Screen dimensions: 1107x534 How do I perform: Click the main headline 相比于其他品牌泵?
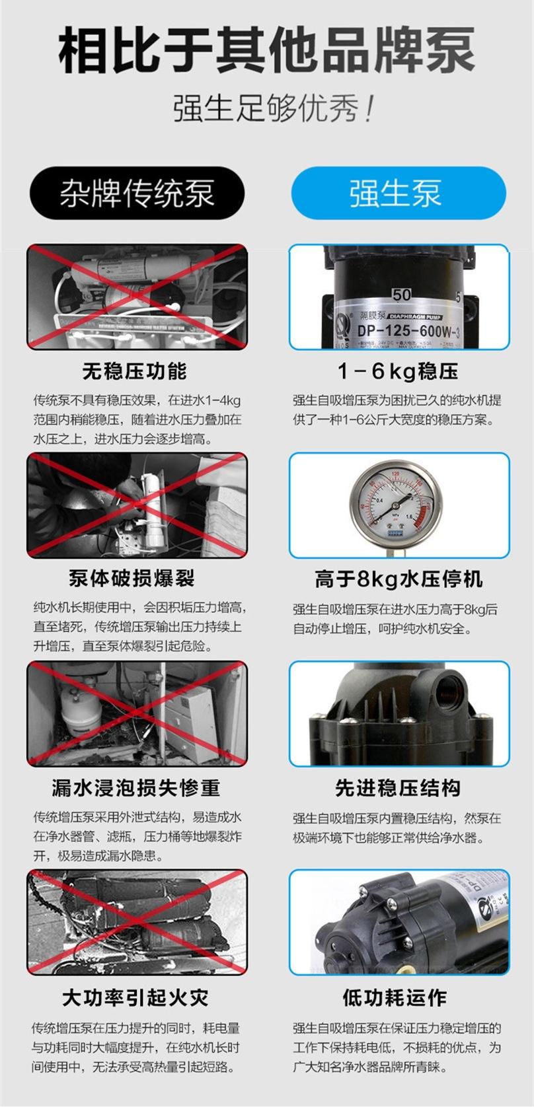pos(266,51)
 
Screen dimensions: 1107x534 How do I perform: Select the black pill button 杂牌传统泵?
pos(137,194)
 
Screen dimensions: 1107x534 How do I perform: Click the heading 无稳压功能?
pos(135,371)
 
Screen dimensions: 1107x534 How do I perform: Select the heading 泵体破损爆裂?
pos(132,579)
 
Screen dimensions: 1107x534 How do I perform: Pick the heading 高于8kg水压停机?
pos(399,579)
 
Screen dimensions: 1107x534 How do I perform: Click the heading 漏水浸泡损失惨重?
pos(135,787)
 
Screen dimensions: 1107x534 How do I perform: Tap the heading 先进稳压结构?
pos(398,787)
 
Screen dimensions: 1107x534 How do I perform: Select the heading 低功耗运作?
pos(395,997)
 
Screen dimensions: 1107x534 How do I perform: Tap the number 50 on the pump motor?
pos(402,295)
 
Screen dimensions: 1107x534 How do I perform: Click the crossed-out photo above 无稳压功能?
pos(137,297)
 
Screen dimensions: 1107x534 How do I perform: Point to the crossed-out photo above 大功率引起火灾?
pos(137,922)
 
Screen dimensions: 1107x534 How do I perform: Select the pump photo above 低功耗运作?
pos(399,922)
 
